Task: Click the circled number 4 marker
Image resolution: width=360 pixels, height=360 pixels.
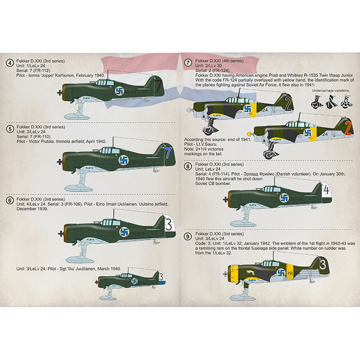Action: (9, 64)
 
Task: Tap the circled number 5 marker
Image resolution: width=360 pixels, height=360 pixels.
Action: (9, 129)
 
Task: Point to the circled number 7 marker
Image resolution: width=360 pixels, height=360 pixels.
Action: (188, 64)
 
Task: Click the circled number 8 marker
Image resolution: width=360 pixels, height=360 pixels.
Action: (188, 166)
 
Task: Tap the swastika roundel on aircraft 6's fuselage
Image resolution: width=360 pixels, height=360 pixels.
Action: (124, 232)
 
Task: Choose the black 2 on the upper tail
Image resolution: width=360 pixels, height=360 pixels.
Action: (288, 106)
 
